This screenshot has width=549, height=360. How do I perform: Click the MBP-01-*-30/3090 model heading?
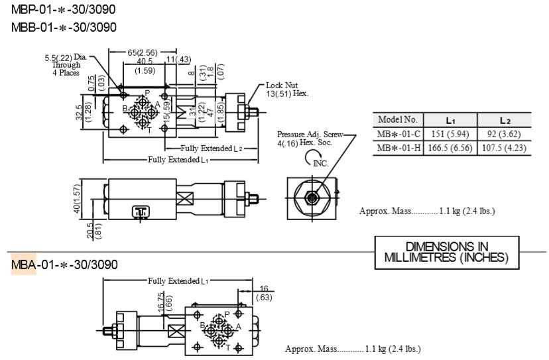(64, 11)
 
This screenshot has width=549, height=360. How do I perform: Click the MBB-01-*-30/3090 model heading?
(64, 27)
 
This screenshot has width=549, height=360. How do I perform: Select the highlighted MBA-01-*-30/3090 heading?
(64, 265)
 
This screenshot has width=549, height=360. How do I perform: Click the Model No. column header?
(397, 120)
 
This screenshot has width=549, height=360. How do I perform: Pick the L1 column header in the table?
(450, 120)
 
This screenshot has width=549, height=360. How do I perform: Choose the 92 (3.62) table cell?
(505, 134)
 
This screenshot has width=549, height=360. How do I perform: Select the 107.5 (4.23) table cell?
(505, 148)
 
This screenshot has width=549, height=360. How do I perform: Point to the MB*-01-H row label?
(397, 148)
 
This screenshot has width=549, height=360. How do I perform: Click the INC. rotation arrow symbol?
(313, 158)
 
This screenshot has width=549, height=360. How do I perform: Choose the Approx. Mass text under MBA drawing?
(353, 349)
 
